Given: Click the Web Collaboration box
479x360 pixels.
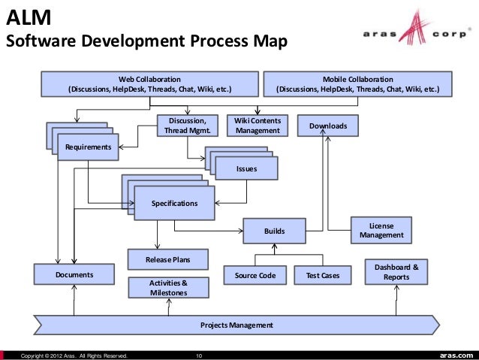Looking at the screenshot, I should point(149,84).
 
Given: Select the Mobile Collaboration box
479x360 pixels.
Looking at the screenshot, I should point(357,84).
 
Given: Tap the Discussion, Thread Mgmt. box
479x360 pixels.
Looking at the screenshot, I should point(187,126).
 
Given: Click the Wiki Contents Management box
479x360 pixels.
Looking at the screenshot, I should point(258,126).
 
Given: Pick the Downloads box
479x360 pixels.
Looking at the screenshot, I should point(328,126).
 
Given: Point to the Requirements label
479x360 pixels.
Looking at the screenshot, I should point(89,147).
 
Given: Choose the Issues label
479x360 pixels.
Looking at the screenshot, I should point(246,169).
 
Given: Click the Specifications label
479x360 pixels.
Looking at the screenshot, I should point(175,204).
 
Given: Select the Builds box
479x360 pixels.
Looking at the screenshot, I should point(274,231).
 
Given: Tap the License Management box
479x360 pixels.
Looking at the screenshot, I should point(381,231).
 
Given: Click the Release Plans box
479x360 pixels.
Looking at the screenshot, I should point(167,260).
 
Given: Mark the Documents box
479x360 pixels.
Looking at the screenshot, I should point(74,275).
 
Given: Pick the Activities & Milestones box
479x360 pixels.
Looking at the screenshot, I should point(167,287).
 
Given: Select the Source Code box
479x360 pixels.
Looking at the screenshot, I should point(255,276).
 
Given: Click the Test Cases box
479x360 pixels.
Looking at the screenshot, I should point(322,276).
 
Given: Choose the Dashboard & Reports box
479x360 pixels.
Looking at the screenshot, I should point(396,271).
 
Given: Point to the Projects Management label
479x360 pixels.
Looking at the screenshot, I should point(236,325).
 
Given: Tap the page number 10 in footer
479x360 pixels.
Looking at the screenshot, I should point(199,355).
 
